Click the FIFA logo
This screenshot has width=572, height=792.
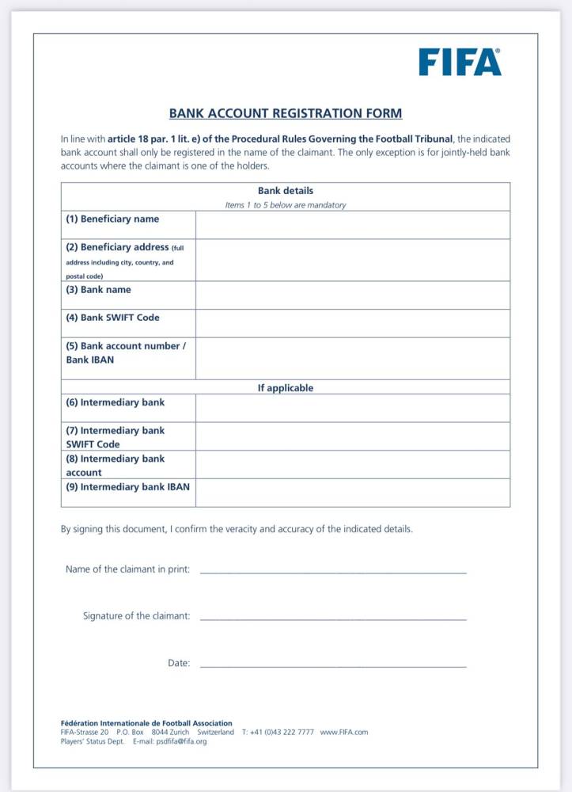click(x=460, y=62)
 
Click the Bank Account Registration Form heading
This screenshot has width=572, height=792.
click(x=286, y=113)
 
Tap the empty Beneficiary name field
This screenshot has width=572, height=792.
click(x=352, y=225)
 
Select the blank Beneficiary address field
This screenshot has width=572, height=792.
click(x=352, y=260)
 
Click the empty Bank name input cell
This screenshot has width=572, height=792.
click(x=352, y=295)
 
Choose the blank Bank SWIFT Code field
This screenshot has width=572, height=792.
click(x=352, y=323)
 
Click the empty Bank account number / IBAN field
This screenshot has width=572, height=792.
click(x=352, y=358)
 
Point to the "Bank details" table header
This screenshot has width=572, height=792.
click(x=286, y=191)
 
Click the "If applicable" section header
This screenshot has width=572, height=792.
click(x=286, y=388)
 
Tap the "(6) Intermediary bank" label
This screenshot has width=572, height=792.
click(x=115, y=402)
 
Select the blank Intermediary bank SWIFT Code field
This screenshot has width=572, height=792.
click(x=352, y=436)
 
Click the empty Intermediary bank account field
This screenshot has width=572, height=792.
click(x=352, y=464)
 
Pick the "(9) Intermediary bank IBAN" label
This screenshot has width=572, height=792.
click(x=127, y=487)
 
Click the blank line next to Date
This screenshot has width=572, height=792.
click(x=333, y=664)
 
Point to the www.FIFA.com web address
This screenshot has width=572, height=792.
click(x=343, y=733)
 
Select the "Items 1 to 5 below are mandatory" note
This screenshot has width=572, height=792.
click(x=286, y=205)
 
